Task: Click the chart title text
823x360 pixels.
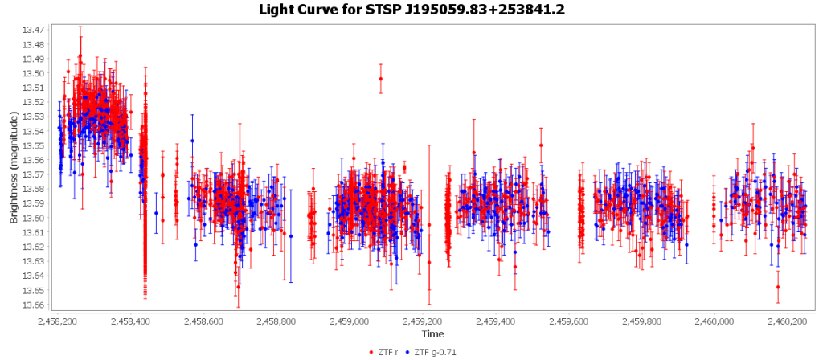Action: click(411, 10)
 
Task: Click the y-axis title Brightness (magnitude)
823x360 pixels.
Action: click(13, 168)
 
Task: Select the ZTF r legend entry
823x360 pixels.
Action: click(389, 351)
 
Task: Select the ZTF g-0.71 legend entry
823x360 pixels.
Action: click(433, 351)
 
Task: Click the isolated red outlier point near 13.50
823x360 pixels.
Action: click(381, 79)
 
